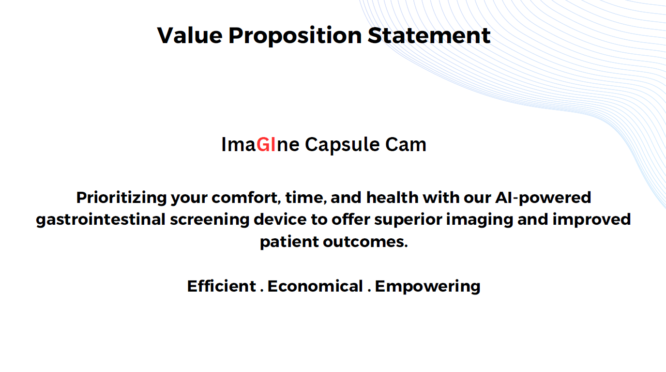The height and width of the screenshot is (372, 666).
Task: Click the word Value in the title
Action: point(190,35)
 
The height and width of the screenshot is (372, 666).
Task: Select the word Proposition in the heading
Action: point(295,36)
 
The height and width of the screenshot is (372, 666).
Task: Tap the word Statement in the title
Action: point(429,35)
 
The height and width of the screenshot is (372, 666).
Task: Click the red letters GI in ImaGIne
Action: point(266,145)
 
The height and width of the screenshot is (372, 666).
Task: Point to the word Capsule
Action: point(342,145)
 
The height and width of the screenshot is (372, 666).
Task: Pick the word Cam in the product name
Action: point(406,145)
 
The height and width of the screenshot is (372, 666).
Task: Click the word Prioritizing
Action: point(121,198)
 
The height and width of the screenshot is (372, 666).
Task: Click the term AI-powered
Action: point(543,198)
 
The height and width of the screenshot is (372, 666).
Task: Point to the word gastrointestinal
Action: point(101,220)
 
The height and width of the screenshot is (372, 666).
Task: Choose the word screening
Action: point(210,220)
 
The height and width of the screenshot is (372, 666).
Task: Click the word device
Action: point(280,219)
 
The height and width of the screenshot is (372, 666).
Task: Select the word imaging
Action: point(480,220)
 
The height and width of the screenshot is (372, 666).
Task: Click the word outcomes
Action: point(365,242)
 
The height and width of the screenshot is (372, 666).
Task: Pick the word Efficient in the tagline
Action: point(222,286)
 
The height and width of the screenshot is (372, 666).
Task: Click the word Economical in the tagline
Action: point(315,286)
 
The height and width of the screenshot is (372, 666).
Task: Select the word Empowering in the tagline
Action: point(427,287)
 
